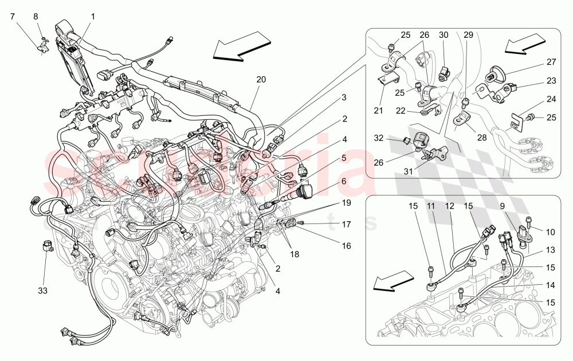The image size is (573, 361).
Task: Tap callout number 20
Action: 261,80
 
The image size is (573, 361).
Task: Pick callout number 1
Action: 93,16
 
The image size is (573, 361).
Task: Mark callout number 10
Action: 552,232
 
